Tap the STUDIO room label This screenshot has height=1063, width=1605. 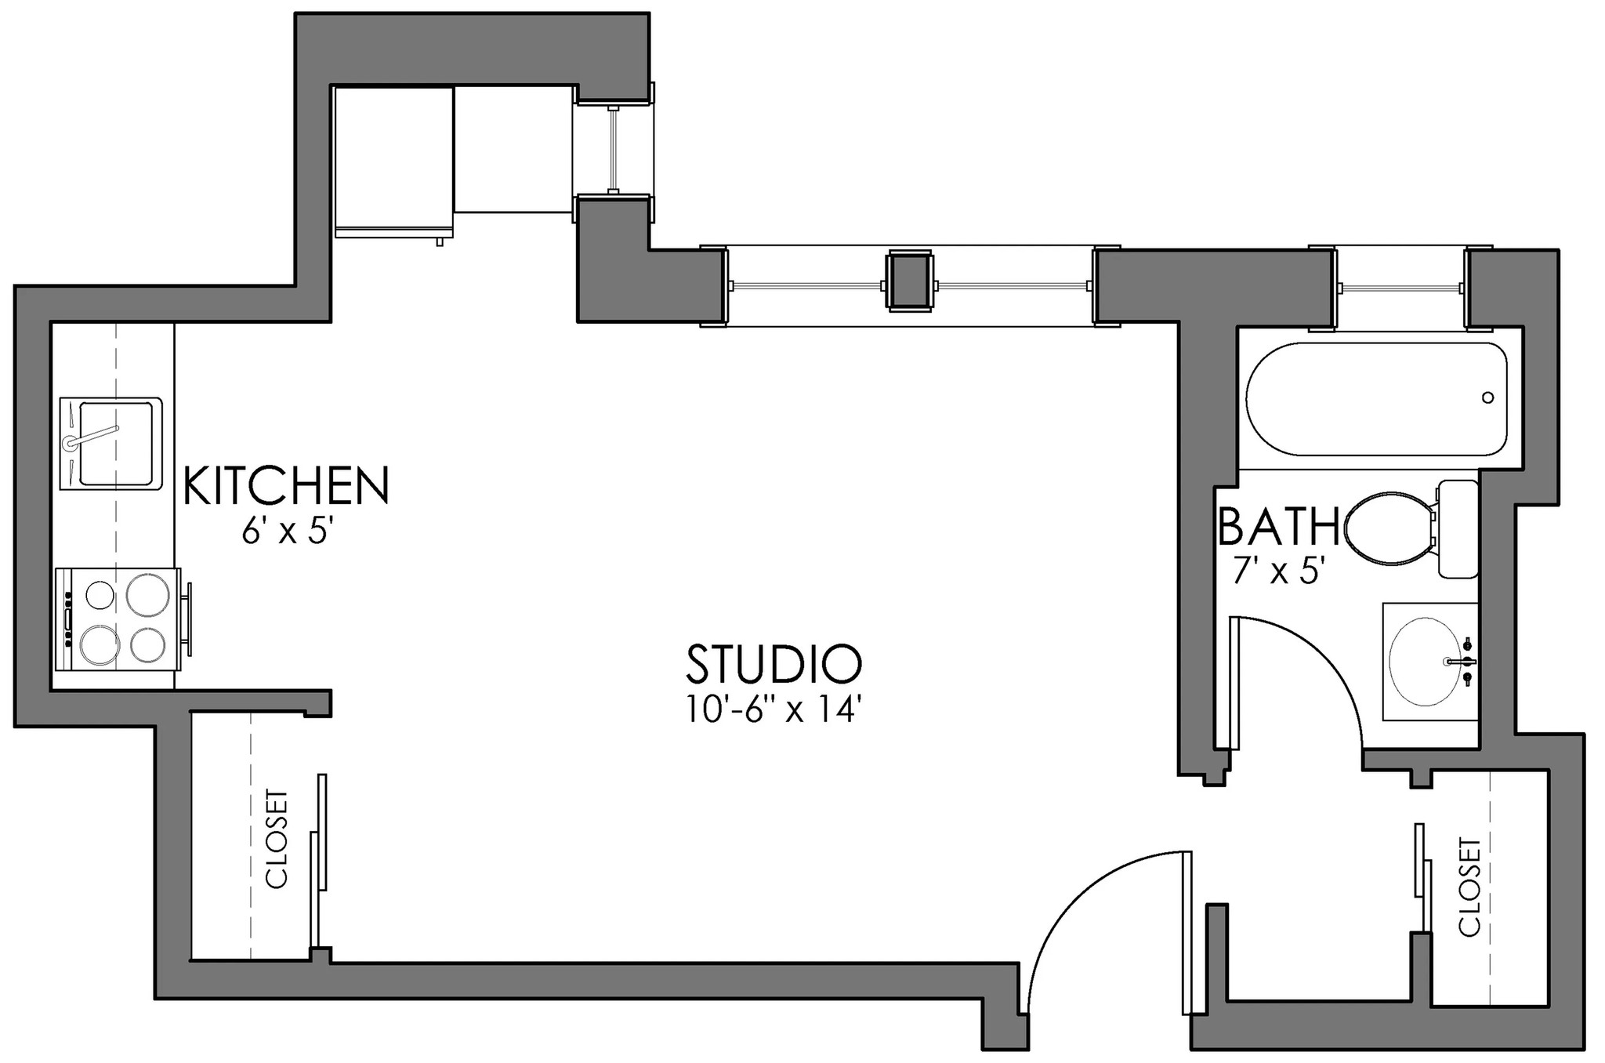774,664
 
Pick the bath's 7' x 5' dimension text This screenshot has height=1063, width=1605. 1278,571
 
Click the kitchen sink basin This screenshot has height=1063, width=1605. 111,444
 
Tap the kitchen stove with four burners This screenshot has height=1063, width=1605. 118,619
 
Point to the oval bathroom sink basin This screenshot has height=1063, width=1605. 1425,661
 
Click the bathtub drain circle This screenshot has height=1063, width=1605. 1487,397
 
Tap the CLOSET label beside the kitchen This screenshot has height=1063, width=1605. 278,839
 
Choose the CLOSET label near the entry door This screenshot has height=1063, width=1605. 1470,887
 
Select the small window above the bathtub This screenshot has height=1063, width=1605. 1400,288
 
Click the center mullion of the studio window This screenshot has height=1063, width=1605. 909,282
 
